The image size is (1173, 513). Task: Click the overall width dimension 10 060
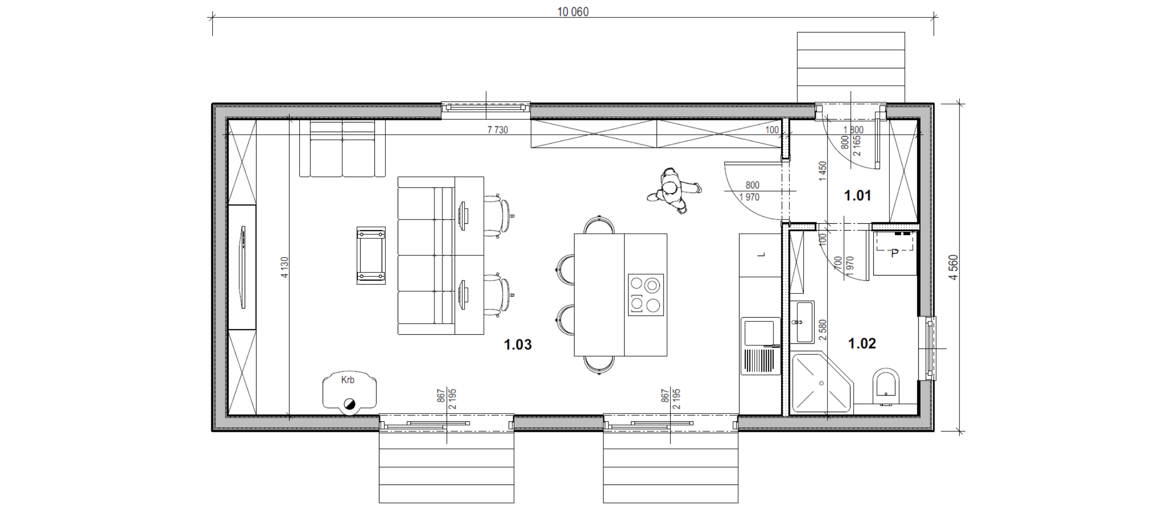click(x=573, y=12)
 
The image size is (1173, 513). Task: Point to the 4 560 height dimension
click(x=954, y=268)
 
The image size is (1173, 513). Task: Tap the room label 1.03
click(x=518, y=344)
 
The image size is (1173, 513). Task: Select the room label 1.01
click(x=857, y=196)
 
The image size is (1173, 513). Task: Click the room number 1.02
click(x=862, y=343)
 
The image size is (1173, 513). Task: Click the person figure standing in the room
click(x=674, y=191)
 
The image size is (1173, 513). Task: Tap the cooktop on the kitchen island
click(x=646, y=295)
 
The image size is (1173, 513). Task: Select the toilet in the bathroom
click(x=886, y=387)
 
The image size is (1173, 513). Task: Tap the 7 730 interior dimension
click(x=498, y=130)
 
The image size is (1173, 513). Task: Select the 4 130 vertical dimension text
click(x=285, y=267)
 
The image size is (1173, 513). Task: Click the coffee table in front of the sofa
click(x=371, y=255)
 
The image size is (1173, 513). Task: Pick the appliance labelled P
click(x=895, y=253)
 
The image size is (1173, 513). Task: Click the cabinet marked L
click(x=760, y=255)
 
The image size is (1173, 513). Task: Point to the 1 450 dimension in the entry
click(x=823, y=171)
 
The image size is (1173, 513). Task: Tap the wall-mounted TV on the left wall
click(x=243, y=267)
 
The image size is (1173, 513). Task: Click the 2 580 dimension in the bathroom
click(x=823, y=330)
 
